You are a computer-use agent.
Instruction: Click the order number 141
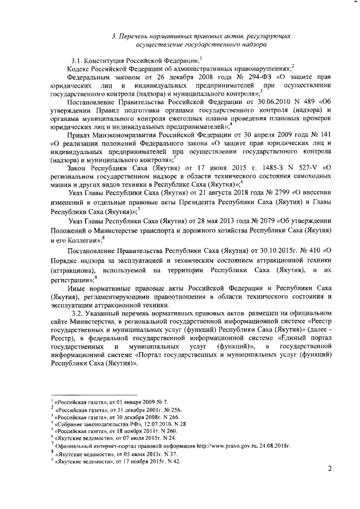(x=317, y=136)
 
